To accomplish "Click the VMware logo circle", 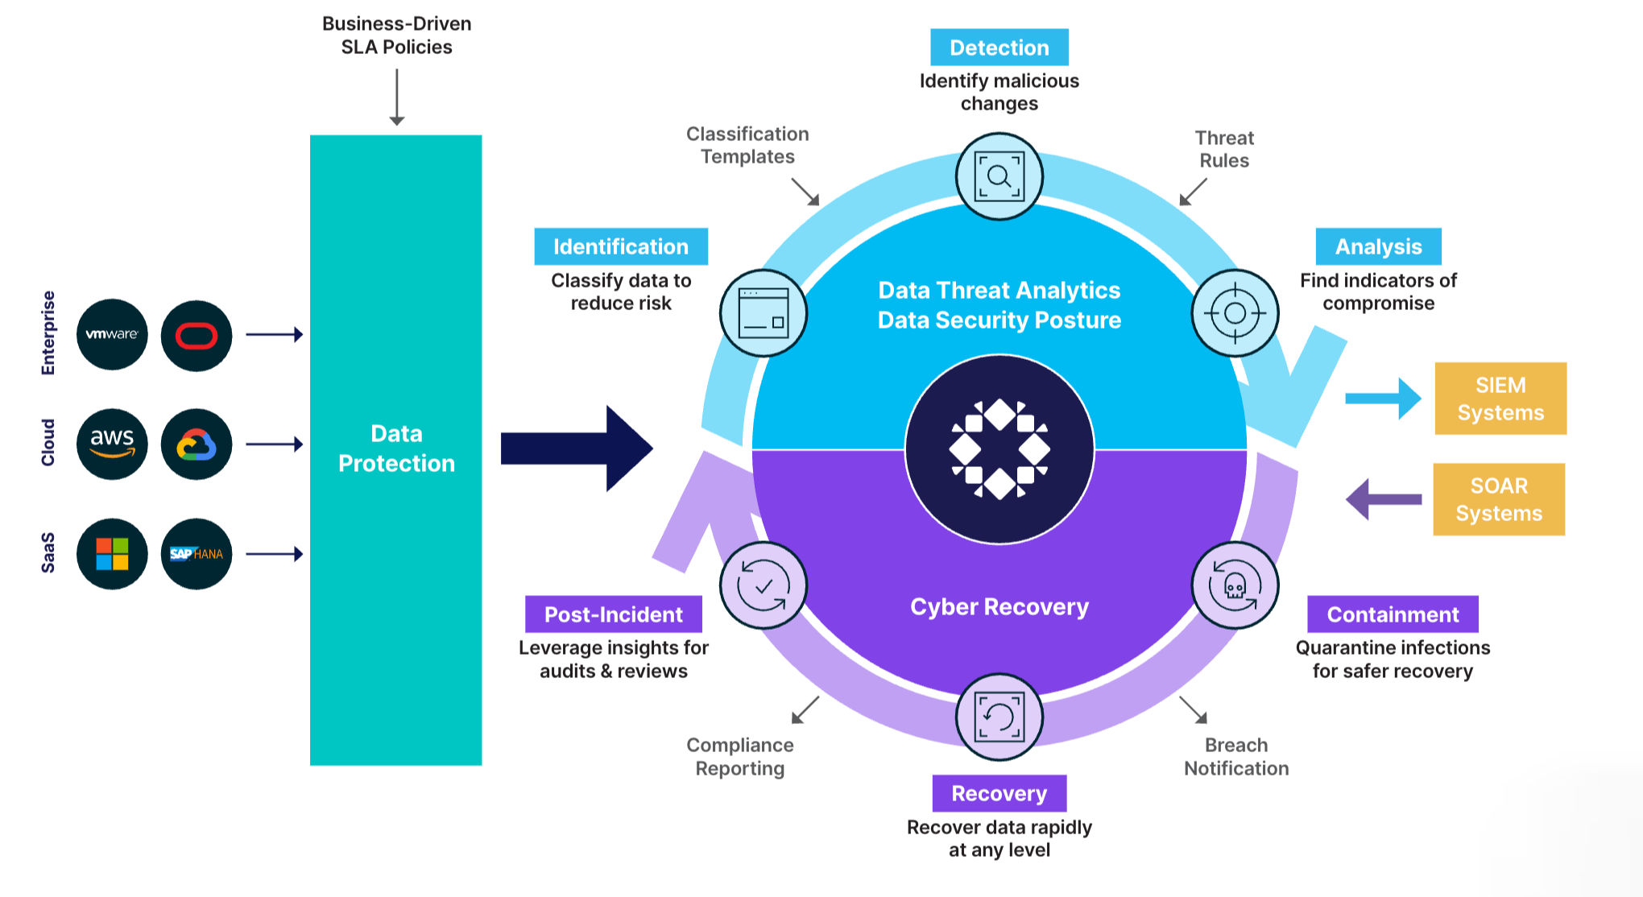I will (x=112, y=335).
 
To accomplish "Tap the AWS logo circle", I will (x=112, y=444).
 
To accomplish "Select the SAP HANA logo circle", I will (x=197, y=554).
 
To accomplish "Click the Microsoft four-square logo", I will (x=112, y=554).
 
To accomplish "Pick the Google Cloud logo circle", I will (x=197, y=444).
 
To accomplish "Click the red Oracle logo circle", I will (x=197, y=335).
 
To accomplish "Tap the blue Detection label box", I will (x=999, y=48).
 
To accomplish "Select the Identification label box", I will (x=621, y=246).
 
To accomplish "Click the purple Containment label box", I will (x=1393, y=614).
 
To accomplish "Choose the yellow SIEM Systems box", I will (x=1500, y=399).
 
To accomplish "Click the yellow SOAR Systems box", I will (x=1499, y=499).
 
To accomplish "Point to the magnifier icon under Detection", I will (x=999, y=176).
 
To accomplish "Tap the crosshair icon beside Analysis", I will (x=1235, y=312).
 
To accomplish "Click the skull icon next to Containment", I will (x=1235, y=585).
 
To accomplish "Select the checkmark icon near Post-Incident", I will (x=763, y=585).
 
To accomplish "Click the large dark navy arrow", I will (x=576, y=448).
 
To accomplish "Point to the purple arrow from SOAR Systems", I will (x=1384, y=499).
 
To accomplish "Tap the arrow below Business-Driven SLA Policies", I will (x=397, y=97).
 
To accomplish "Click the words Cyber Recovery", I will (x=999, y=606).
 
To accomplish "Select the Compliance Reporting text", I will (x=740, y=757).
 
